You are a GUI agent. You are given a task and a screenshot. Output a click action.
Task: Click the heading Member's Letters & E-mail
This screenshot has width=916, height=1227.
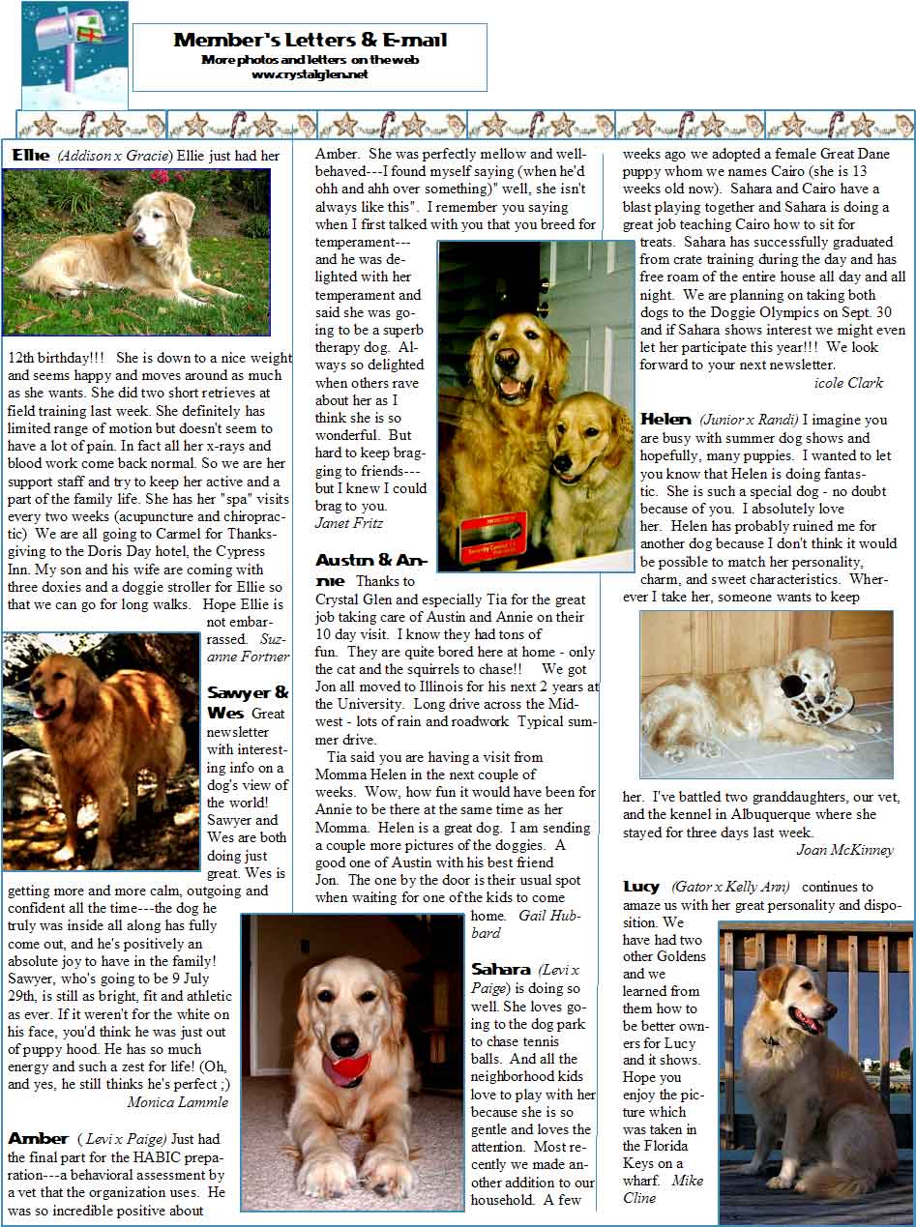[310, 40]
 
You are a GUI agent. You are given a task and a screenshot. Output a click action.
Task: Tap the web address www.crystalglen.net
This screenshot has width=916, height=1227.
[310, 74]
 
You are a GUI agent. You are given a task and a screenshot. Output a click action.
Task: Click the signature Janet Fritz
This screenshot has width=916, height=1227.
[349, 523]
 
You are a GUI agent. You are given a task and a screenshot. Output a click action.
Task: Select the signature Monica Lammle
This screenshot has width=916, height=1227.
[178, 1101]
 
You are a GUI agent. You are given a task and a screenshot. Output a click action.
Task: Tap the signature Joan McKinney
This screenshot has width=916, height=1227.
[844, 850]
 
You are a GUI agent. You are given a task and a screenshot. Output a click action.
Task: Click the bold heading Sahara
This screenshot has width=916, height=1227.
[501, 969]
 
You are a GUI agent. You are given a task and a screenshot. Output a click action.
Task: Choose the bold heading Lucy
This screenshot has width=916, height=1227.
[641, 887]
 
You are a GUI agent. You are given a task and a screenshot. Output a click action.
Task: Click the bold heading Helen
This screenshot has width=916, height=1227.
[665, 420]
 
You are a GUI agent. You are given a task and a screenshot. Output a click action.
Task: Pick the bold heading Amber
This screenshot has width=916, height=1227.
[38, 1139]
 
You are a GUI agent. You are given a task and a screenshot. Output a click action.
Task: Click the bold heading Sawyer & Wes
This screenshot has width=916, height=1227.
[247, 703]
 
